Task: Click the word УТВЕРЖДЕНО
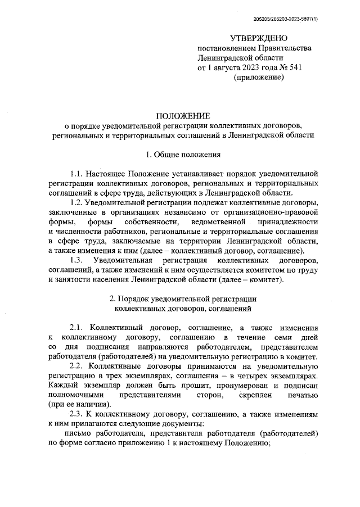259,38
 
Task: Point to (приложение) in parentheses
258,78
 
